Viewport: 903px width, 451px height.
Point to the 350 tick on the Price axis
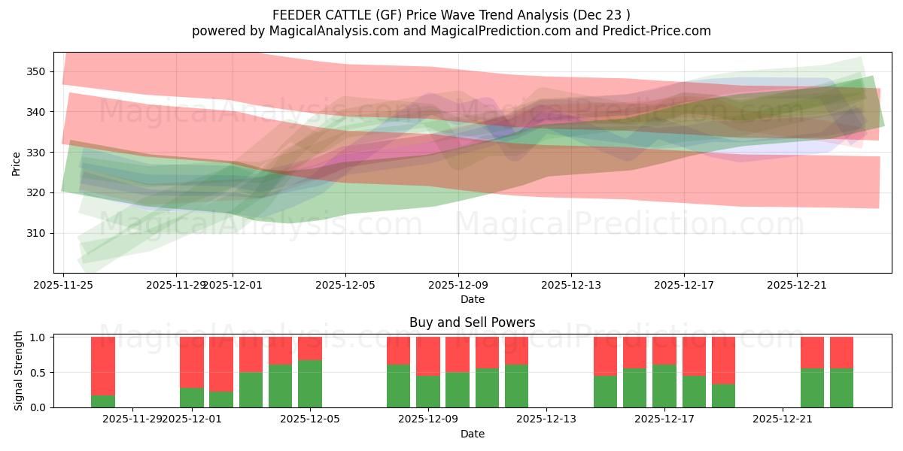(37, 71)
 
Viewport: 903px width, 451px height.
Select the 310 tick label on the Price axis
(37, 233)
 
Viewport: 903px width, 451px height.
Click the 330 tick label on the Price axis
(37, 153)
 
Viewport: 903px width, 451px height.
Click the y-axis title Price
(16, 163)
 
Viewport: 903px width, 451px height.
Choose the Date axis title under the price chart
(472, 299)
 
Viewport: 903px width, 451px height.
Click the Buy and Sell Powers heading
(472, 322)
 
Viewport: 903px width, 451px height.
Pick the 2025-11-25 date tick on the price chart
(63, 285)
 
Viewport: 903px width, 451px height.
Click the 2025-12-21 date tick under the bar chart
(783, 419)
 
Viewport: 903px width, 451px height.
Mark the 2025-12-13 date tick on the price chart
(571, 285)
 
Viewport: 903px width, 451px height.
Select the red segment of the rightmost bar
(841, 353)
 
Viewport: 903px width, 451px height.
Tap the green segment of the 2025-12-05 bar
(310, 384)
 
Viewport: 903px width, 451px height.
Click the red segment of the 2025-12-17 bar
(664, 350)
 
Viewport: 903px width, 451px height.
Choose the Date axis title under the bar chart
(472, 434)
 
